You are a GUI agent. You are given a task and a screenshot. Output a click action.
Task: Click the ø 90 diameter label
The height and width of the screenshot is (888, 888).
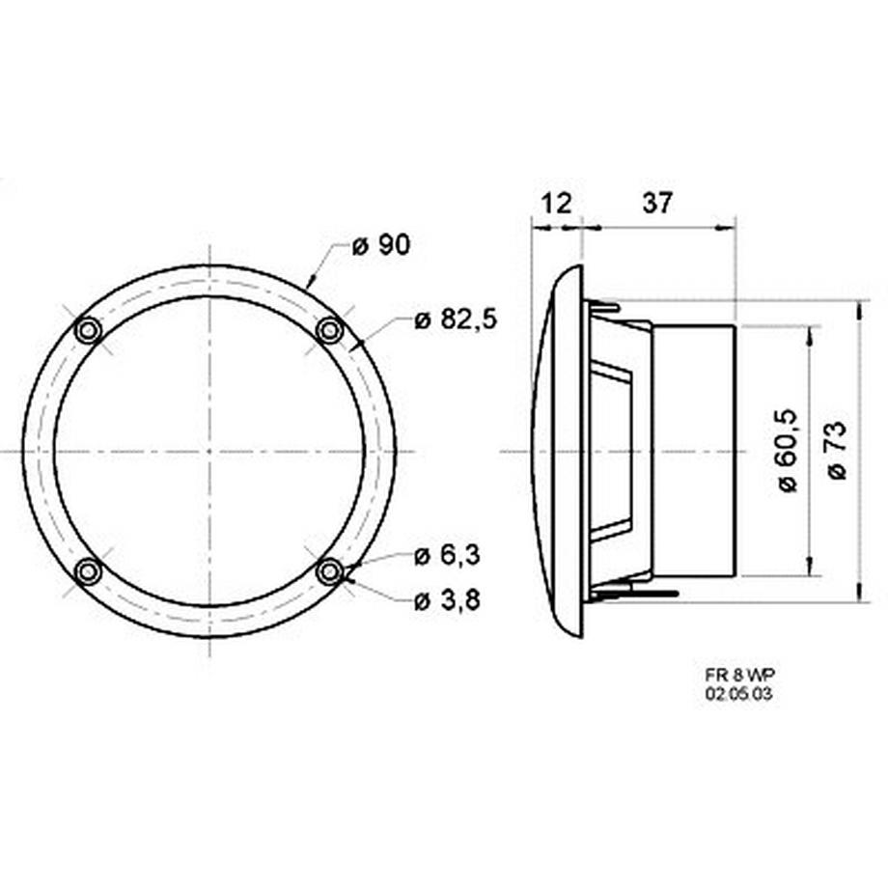(380, 246)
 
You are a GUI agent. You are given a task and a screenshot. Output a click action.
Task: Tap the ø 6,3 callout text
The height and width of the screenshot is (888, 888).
(447, 556)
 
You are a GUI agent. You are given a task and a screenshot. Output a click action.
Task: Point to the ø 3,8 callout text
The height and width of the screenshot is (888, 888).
(447, 600)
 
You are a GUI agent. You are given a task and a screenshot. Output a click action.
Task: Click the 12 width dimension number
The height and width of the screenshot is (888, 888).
(557, 203)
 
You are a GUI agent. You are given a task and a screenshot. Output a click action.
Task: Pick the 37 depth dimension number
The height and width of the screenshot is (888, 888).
(657, 203)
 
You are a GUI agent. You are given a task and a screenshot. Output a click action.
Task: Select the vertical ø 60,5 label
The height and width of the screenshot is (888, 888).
(788, 451)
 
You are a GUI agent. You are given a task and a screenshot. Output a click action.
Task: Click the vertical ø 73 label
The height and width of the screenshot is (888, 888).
(837, 451)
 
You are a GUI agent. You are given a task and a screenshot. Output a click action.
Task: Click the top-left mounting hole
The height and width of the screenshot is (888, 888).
(89, 331)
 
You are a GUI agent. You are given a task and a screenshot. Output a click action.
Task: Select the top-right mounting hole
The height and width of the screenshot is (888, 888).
(330, 331)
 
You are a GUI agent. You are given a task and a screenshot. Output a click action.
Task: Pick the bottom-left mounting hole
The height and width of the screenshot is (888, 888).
(89, 572)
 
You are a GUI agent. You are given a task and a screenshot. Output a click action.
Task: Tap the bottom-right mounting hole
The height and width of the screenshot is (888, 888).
(330, 572)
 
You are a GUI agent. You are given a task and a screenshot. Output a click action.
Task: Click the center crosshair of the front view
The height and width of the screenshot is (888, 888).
(209, 452)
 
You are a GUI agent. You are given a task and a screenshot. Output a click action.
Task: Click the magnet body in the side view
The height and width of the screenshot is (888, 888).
(695, 451)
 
